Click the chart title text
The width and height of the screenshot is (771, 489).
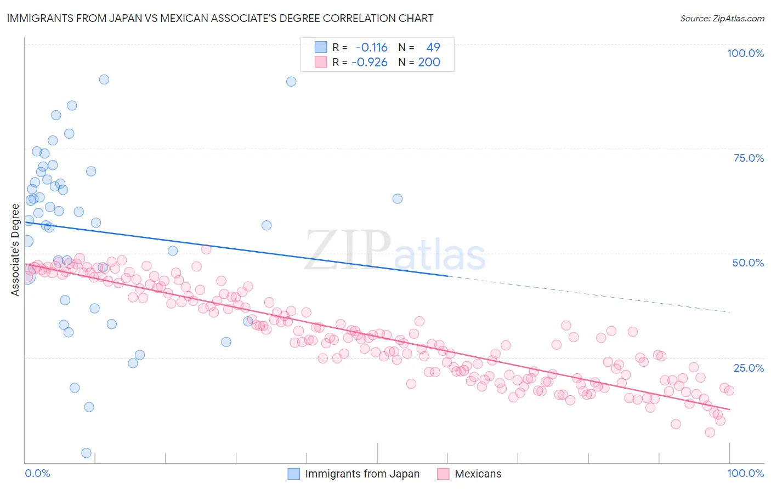pyautogui.click(x=220, y=18)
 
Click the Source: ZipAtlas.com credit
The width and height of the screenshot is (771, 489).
pyautogui.click(x=722, y=18)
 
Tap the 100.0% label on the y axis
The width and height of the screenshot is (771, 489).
pyautogui.click(x=745, y=53)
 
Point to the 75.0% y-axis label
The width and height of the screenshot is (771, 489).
pyautogui.click(x=749, y=158)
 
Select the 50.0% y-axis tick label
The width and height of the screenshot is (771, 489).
pyautogui.click(x=748, y=263)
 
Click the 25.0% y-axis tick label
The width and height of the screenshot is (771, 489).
pyautogui.click(x=749, y=367)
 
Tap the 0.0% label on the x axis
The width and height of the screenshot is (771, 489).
pyautogui.click(x=37, y=473)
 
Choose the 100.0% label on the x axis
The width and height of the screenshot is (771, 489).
pyautogui.click(x=745, y=473)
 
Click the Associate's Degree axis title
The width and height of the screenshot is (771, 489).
pyautogui.click(x=15, y=250)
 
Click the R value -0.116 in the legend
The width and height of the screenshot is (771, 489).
pyautogui.click(x=372, y=47)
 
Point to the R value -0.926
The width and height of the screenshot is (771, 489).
pyautogui.click(x=370, y=62)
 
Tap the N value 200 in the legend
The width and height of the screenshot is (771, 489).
pyautogui.click(x=429, y=62)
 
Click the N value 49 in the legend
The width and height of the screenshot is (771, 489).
pyautogui.click(x=433, y=47)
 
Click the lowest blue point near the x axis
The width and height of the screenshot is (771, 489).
pyautogui.click(x=86, y=453)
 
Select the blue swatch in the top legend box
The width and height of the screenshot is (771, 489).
pyautogui.click(x=321, y=47)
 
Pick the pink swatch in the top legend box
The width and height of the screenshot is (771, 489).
pyautogui.click(x=321, y=62)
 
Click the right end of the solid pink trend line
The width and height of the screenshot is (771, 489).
pyautogui.click(x=729, y=410)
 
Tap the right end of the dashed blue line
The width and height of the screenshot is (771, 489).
pyautogui.click(x=729, y=311)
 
